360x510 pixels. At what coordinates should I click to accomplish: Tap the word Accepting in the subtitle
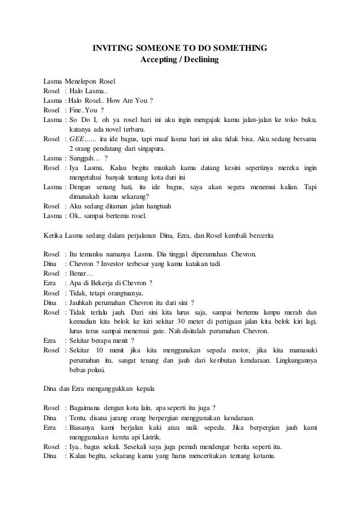(157, 59)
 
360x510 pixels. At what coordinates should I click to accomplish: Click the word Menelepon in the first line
(80, 81)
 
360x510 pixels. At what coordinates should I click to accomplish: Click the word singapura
(148, 149)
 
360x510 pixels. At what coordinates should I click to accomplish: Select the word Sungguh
(81, 159)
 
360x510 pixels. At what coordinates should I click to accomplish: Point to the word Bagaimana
(87, 409)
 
